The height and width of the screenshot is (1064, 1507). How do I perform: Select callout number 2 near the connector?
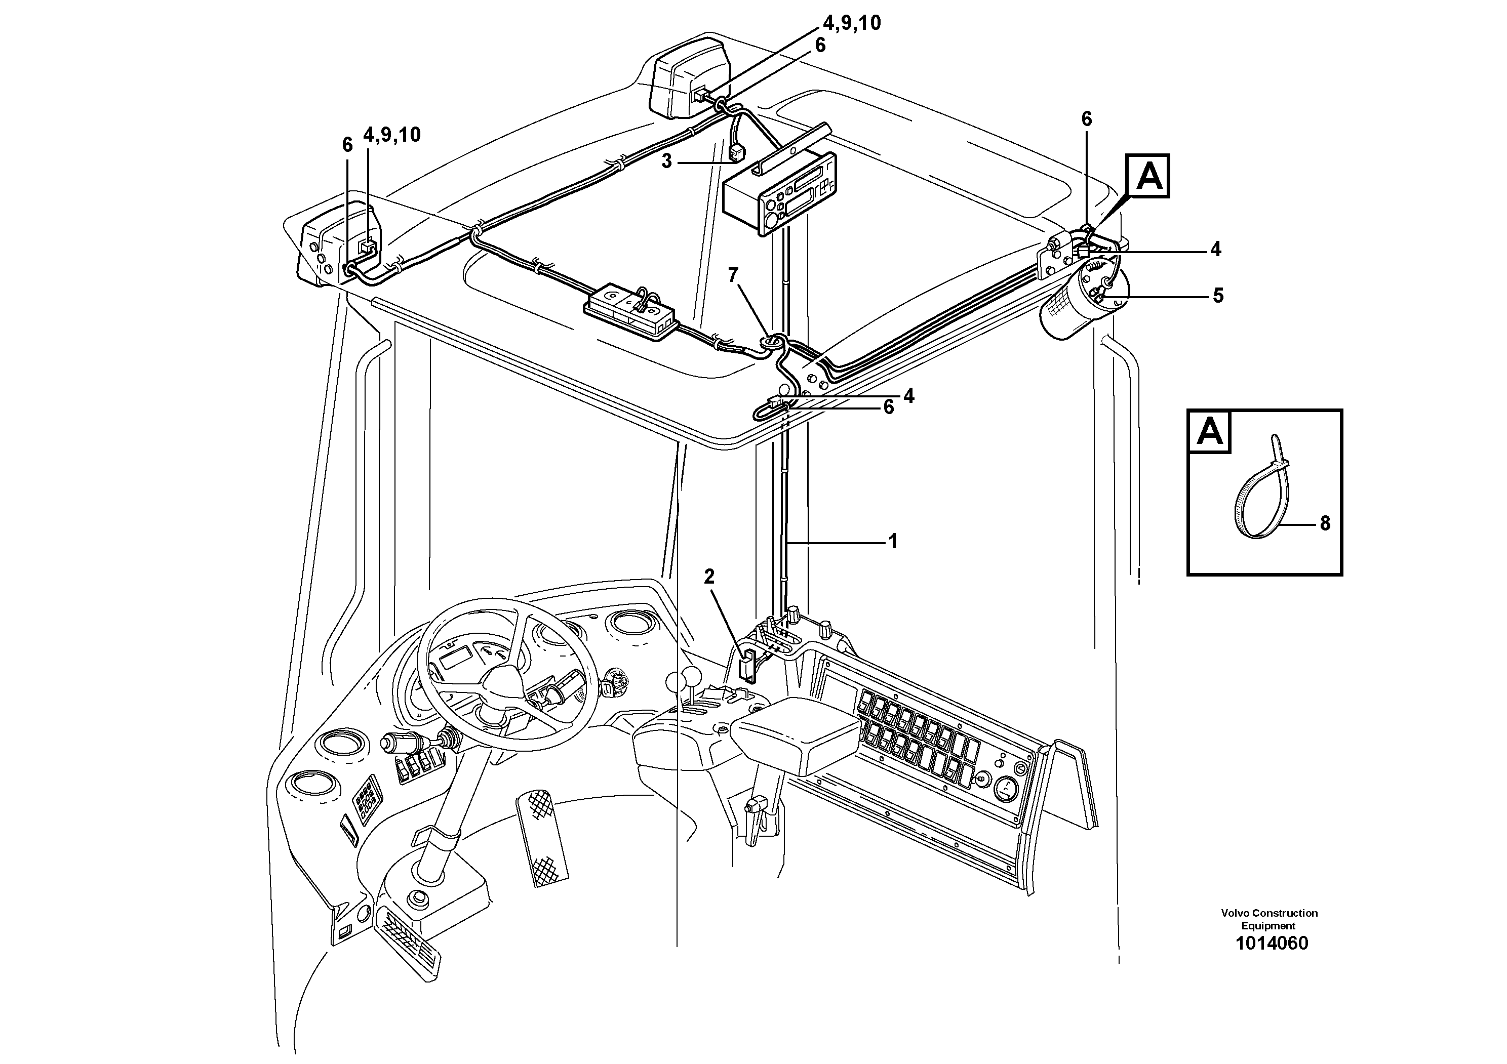pyautogui.click(x=709, y=577)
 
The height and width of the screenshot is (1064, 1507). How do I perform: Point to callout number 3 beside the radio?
pyautogui.click(x=667, y=161)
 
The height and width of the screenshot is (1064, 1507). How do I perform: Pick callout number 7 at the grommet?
pyautogui.click(x=733, y=275)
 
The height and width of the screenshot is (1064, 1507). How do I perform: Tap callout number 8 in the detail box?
pyautogui.click(x=1325, y=523)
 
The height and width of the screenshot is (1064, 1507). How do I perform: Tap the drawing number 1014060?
pyautogui.click(x=1271, y=944)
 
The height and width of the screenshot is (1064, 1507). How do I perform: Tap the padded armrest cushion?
pyautogui.click(x=796, y=734)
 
